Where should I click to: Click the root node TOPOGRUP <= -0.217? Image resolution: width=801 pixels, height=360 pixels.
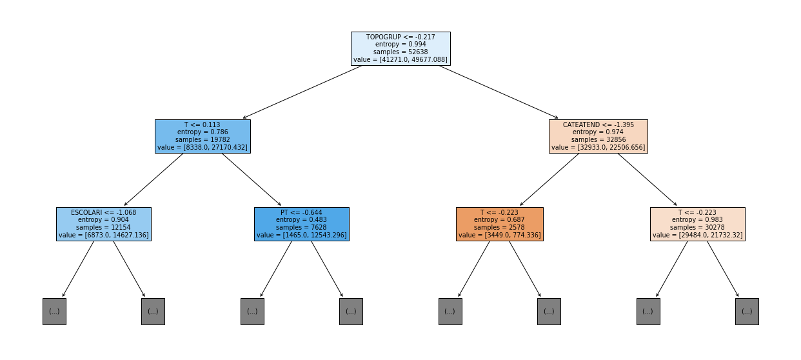(x=400, y=48)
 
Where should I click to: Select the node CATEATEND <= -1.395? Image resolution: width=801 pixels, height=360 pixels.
(x=598, y=136)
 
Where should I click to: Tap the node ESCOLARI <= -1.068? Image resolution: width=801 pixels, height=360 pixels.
(x=104, y=224)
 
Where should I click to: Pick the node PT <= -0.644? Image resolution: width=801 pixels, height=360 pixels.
(x=302, y=224)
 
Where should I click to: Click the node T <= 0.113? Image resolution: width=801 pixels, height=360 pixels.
(x=203, y=136)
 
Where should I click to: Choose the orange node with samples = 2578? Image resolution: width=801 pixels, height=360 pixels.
(x=500, y=224)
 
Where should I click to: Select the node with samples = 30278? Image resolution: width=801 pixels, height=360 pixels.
(x=698, y=224)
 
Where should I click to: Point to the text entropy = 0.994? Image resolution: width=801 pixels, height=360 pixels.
(x=400, y=45)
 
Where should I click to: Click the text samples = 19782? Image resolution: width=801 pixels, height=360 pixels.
(x=203, y=139)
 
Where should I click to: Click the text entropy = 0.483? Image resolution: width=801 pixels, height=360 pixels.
(x=301, y=220)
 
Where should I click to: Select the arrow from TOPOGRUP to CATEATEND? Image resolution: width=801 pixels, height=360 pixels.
(x=499, y=92)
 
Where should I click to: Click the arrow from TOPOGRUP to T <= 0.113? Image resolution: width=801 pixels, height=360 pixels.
(x=302, y=92)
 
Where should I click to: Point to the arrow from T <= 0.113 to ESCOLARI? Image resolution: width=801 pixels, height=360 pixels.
(x=153, y=179)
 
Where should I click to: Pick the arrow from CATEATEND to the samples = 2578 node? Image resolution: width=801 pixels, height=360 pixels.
(x=549, y=179)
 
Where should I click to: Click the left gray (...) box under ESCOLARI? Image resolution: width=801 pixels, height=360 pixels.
(x=54, y=312)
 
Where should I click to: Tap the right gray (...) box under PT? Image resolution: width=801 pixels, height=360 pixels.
(x=351, y=312)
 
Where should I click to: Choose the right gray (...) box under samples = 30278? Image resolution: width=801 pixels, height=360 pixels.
(x=747, y=312)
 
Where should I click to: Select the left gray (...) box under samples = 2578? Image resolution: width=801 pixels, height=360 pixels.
(x=450, y=312)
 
